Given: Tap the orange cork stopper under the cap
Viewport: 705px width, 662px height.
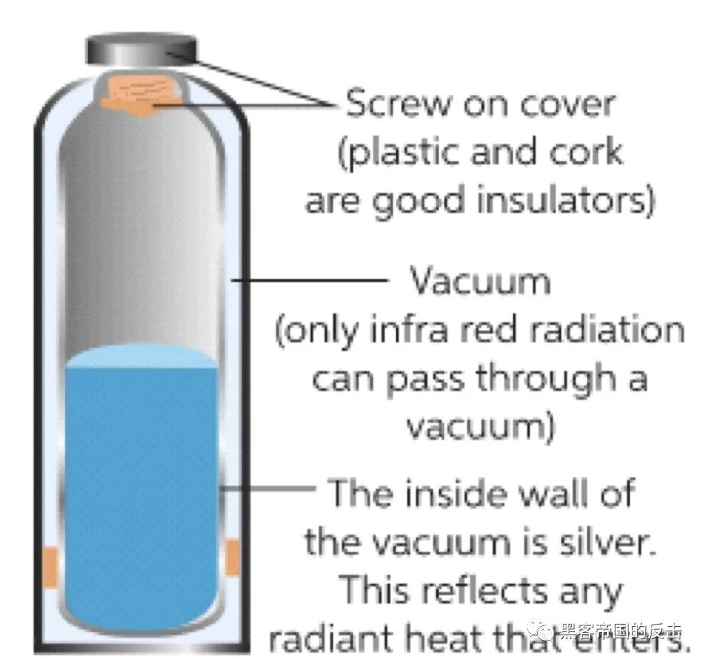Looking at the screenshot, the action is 143,96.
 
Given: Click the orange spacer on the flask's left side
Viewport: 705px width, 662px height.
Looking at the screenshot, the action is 50,564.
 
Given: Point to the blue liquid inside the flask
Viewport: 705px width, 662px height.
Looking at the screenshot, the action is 141,489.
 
